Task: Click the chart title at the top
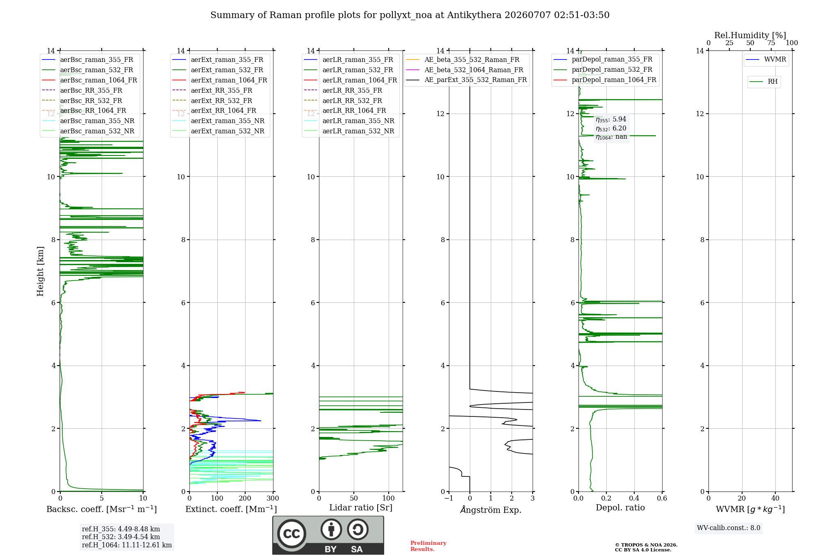[410, 15]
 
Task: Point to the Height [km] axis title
[40, 271]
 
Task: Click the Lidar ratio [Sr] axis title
[361, 508]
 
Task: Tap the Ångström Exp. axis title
[491, 510]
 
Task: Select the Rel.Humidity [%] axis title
[750, 35]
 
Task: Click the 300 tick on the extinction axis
[273, 499]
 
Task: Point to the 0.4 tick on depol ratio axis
[634, 499]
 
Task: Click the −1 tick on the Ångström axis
[449, 499]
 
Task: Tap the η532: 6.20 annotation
[611, 128]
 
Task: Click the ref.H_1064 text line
[127, 545]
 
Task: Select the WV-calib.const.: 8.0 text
[729, 528]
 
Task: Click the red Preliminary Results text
[428, 546]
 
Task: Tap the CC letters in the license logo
[292, 534]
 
